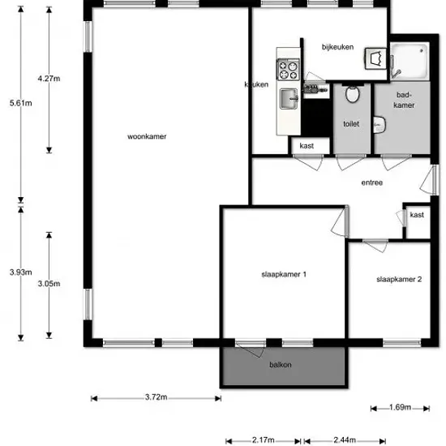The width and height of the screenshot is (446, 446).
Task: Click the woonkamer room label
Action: pyautogui.click(x=147, y=136)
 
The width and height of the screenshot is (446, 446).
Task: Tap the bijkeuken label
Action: pyautogui.click(x=337, y=47)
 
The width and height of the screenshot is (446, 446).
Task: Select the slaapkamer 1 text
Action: pyautogui.click(x=284, y=274)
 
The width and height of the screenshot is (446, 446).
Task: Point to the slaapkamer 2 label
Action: pyautogui.click(x=399, y=279)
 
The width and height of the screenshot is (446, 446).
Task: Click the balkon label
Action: pyautogui.click(x=281, y=365)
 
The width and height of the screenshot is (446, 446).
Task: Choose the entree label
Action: pyautogui.click(x=371, y=182)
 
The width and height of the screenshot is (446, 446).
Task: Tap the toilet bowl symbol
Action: pyautogui.click(x=353, y=93)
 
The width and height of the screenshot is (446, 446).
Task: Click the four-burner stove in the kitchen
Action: pyautogui.click(x=288, y=70)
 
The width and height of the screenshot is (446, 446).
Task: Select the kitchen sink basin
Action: pyautogui.click(x=289, y=99)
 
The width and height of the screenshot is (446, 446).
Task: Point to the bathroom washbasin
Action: pyautogui.click(x=380, y=125)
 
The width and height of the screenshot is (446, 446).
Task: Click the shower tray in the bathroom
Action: pyautogui.click(x=410, y=61)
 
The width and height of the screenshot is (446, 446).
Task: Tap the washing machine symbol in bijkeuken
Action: pyautogui.click(x=375, y=58)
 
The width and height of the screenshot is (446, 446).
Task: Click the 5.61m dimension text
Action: pyautogui.click(x=21, y=103)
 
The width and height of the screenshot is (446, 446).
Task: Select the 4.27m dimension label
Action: pyautogui.click(x=49, y=79)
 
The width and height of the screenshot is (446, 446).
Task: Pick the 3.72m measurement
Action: pyautogui.click(x=156, y=397)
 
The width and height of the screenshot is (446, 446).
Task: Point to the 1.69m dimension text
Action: pyautogui.click(x=400, y=407)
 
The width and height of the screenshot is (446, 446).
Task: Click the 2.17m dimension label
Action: pyautogui.click(x=263, y=440)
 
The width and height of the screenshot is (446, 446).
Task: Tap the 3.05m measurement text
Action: pyautogui.click(x=49, y=284)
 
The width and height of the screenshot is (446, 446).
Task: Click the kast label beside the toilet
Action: pyautogui.click(x=307, y=146)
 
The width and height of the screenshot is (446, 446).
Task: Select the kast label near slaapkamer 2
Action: pyautogui.click(x=417, y=215)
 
